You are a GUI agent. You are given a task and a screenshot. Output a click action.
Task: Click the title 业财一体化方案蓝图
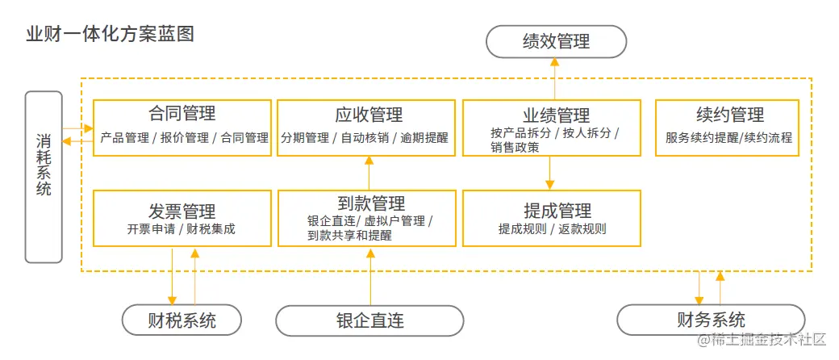click(110, 35)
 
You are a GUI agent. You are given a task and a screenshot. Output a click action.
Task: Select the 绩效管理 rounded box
click(556, 41)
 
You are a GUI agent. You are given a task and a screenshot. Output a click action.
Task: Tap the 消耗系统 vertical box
click(44, 176)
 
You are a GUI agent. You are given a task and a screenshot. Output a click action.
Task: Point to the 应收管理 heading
click(369, 115)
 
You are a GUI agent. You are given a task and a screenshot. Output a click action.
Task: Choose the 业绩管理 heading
click(551, 115)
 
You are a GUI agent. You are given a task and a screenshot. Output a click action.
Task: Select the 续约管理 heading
click(729, 115)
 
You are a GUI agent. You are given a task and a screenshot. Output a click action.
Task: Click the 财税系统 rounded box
click(182, 320)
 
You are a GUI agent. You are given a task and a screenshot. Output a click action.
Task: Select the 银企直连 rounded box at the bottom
click(369, 320)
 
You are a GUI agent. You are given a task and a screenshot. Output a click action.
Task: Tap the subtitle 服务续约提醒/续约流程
click(729, 137)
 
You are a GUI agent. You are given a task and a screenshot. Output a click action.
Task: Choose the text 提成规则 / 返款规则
click(552, 228)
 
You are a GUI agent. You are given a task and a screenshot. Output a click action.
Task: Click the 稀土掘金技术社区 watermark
click(762, 341)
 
